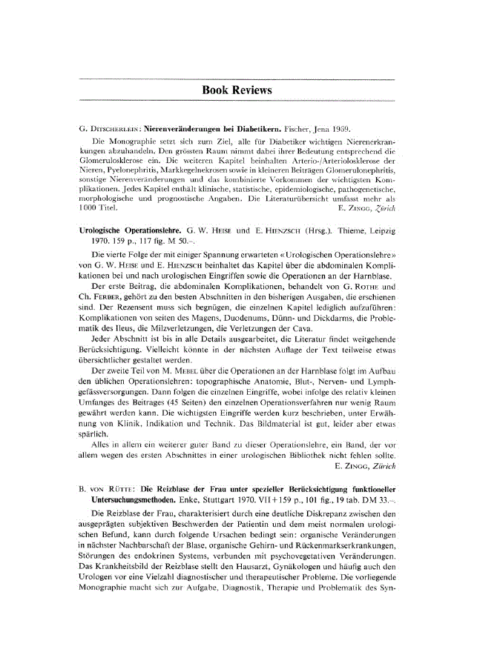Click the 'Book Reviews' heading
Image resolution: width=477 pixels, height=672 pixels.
coord(237,90)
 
